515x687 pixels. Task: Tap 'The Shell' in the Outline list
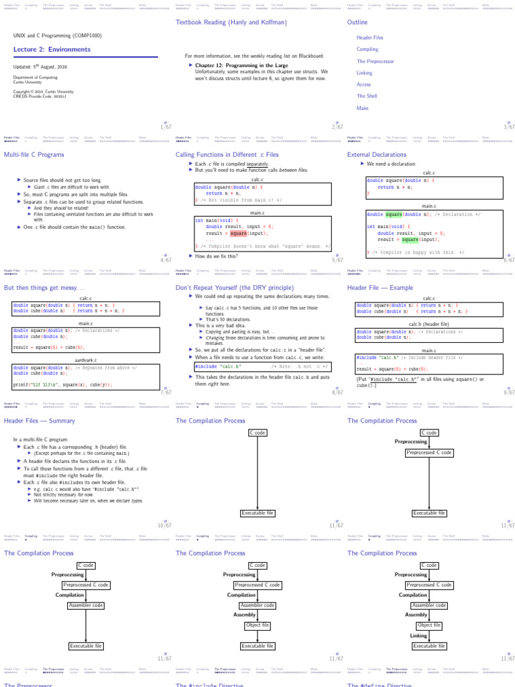pyautogui.click(x=367, y=96)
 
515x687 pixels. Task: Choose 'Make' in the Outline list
pyautogui.click(x=362, y=108)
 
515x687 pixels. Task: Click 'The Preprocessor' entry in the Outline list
pyautogui.click(x=374, y=61)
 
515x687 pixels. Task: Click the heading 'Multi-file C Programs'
pyautogui.click(x=34, y=154)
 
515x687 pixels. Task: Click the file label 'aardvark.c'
pyautogui.click(x=86, y=360)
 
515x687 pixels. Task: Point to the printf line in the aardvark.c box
pyautogui.click(x=62, y=384)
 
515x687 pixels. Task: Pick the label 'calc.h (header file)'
pyautogui.click(x=428, y=324)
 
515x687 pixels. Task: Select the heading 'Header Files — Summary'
pyautogui.click(x=40, y=421)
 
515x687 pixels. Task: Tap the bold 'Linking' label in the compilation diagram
pyautogui.click(x=418, y=635)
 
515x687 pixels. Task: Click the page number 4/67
pyautogui.click(x=166, y=260)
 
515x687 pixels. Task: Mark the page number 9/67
pyautogui.click(x=509, y=392)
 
